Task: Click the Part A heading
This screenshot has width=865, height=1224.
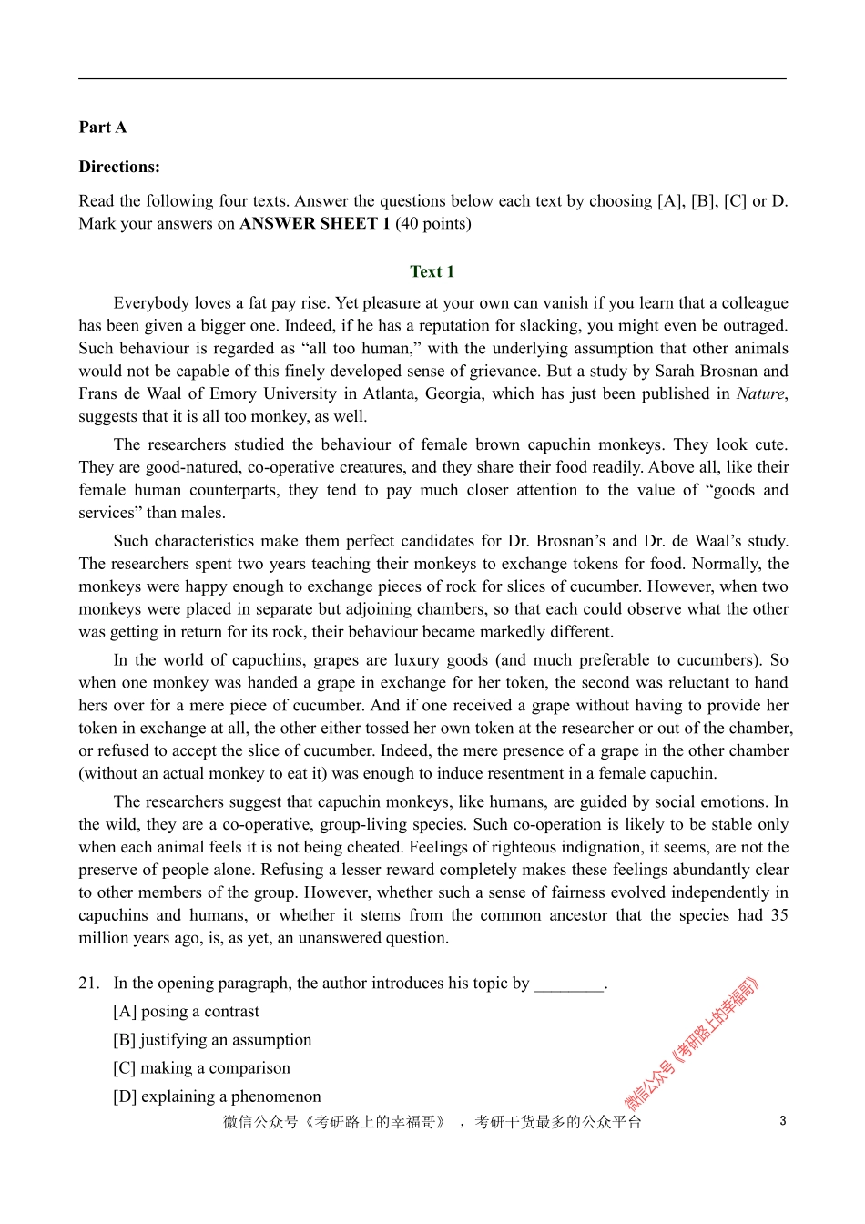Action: click(102, 127)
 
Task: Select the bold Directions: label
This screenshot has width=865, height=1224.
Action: click(119, 167)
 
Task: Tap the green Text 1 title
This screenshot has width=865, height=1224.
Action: click(432, 271)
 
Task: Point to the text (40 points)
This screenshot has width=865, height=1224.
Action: click(433, 224)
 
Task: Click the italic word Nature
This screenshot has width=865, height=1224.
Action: click(759, 394)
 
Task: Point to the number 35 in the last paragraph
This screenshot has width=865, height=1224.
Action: click(778, 915)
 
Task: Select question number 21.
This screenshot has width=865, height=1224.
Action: click(88, 984)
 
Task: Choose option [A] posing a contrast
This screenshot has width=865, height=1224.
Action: click(186, 1012)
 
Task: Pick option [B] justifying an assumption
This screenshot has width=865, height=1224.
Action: click(212, 1040)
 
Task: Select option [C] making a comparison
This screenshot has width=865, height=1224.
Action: click(201, 1068)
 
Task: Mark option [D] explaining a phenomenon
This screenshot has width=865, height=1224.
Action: click(217, 1096)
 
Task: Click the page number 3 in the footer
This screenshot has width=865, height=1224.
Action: click(782, 1121)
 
